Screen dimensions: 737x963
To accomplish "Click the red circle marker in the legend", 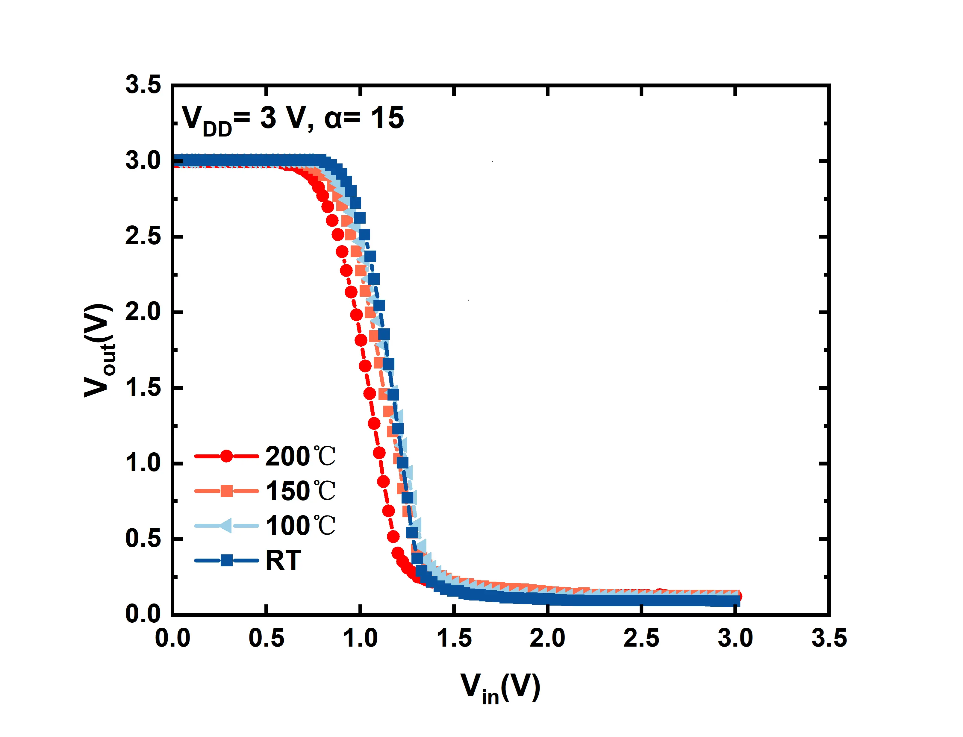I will (226, 456).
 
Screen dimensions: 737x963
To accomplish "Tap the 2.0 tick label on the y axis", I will (143, 312).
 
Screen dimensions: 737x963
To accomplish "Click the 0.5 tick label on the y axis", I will (143, 539).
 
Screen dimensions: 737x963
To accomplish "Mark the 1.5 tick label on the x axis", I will (454, 638).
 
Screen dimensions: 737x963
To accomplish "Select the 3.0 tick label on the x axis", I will (735, 638).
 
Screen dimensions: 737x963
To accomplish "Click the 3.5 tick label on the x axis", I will (829, 638).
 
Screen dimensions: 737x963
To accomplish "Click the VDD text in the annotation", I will (206, 120).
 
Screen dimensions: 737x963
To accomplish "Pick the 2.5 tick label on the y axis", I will (143, 236).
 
